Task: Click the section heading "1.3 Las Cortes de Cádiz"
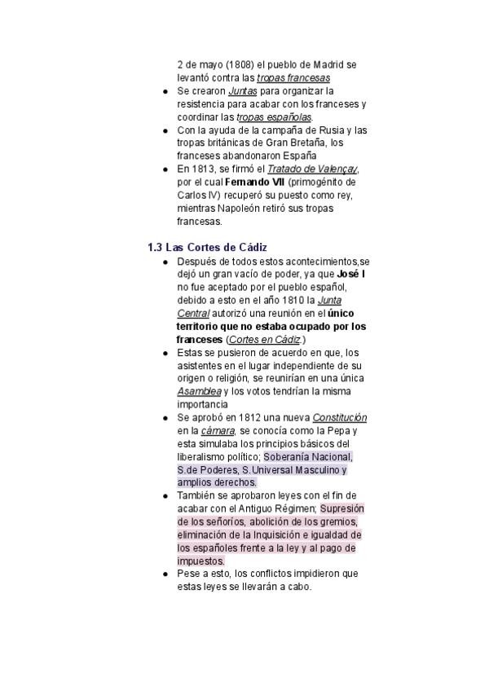point(208,247)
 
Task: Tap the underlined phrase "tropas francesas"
point(293,78)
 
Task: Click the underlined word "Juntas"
point(243,91)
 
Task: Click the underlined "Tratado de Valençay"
point(314,169)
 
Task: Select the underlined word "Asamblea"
point(199,391)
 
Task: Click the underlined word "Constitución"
point(339,417)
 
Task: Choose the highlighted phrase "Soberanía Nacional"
point(308,456)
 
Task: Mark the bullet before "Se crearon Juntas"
point(165,91)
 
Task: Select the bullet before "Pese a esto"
point(165,574)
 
